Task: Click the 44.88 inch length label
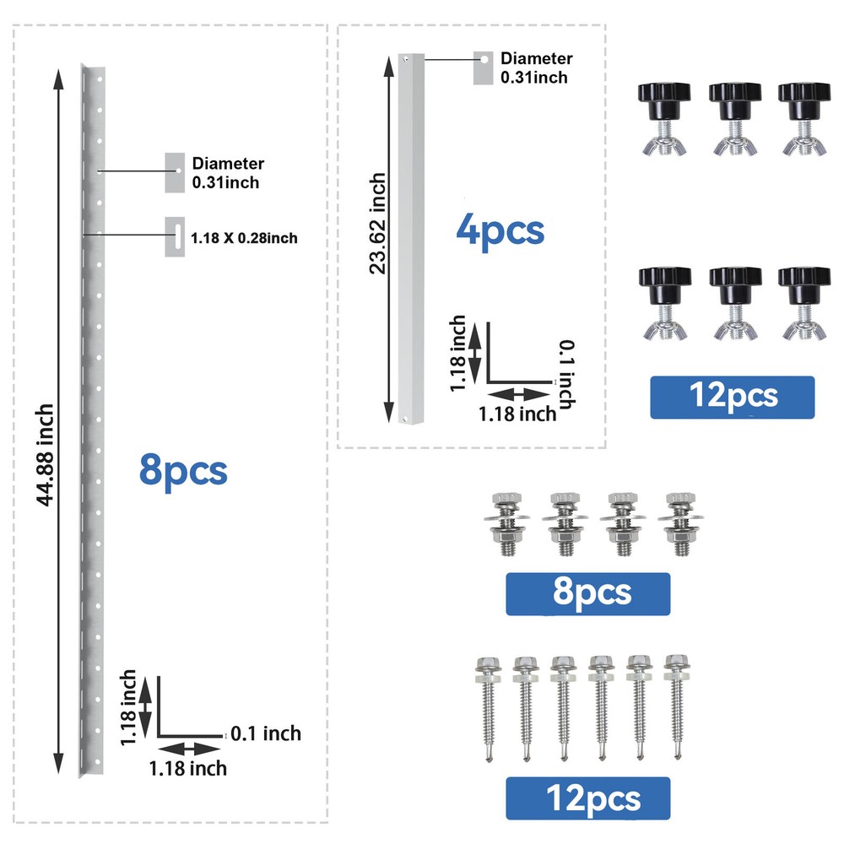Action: (x=46, y=455)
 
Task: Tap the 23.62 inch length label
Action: (x=378, y=224)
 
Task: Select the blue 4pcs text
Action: (x=500, y=231)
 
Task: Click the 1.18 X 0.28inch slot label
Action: (x=244, y=238)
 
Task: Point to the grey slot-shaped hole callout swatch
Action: (x=175, y=236)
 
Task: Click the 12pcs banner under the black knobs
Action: (x=732, y=398)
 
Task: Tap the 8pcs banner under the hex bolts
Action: (x=587, y=593)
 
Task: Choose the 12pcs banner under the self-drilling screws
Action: (x=587, y=798)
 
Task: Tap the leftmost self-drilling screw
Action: (x=488, y=708)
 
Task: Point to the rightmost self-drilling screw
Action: (x=677, y=706)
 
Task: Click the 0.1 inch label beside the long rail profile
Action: (x=266, y=733)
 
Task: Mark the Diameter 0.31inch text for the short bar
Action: (x=536, y=68)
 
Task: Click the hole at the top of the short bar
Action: (x=407, y=59)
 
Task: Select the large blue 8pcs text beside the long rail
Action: (x=183, y=471)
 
